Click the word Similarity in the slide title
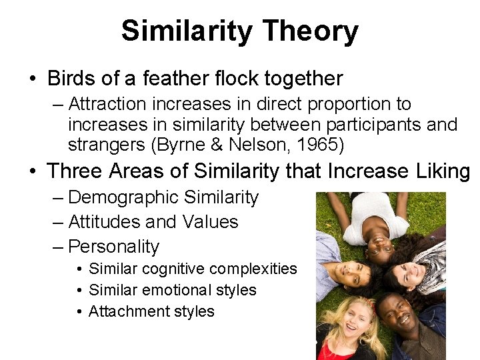[187, 31]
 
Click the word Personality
[114, 247]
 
